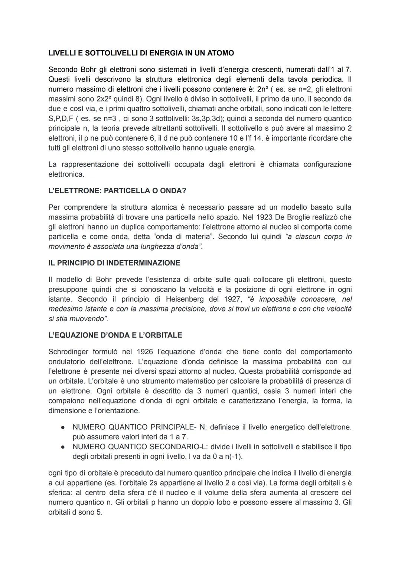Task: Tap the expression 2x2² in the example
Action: click(107, 99)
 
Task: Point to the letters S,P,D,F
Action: click(61, 119)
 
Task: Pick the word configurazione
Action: click(327, 164)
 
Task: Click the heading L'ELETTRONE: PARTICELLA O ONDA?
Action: click(117, 191)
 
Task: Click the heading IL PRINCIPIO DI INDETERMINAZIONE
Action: click(114, 263)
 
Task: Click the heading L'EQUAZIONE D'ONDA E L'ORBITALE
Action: click(115, 335)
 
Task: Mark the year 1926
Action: click(145, 352)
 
